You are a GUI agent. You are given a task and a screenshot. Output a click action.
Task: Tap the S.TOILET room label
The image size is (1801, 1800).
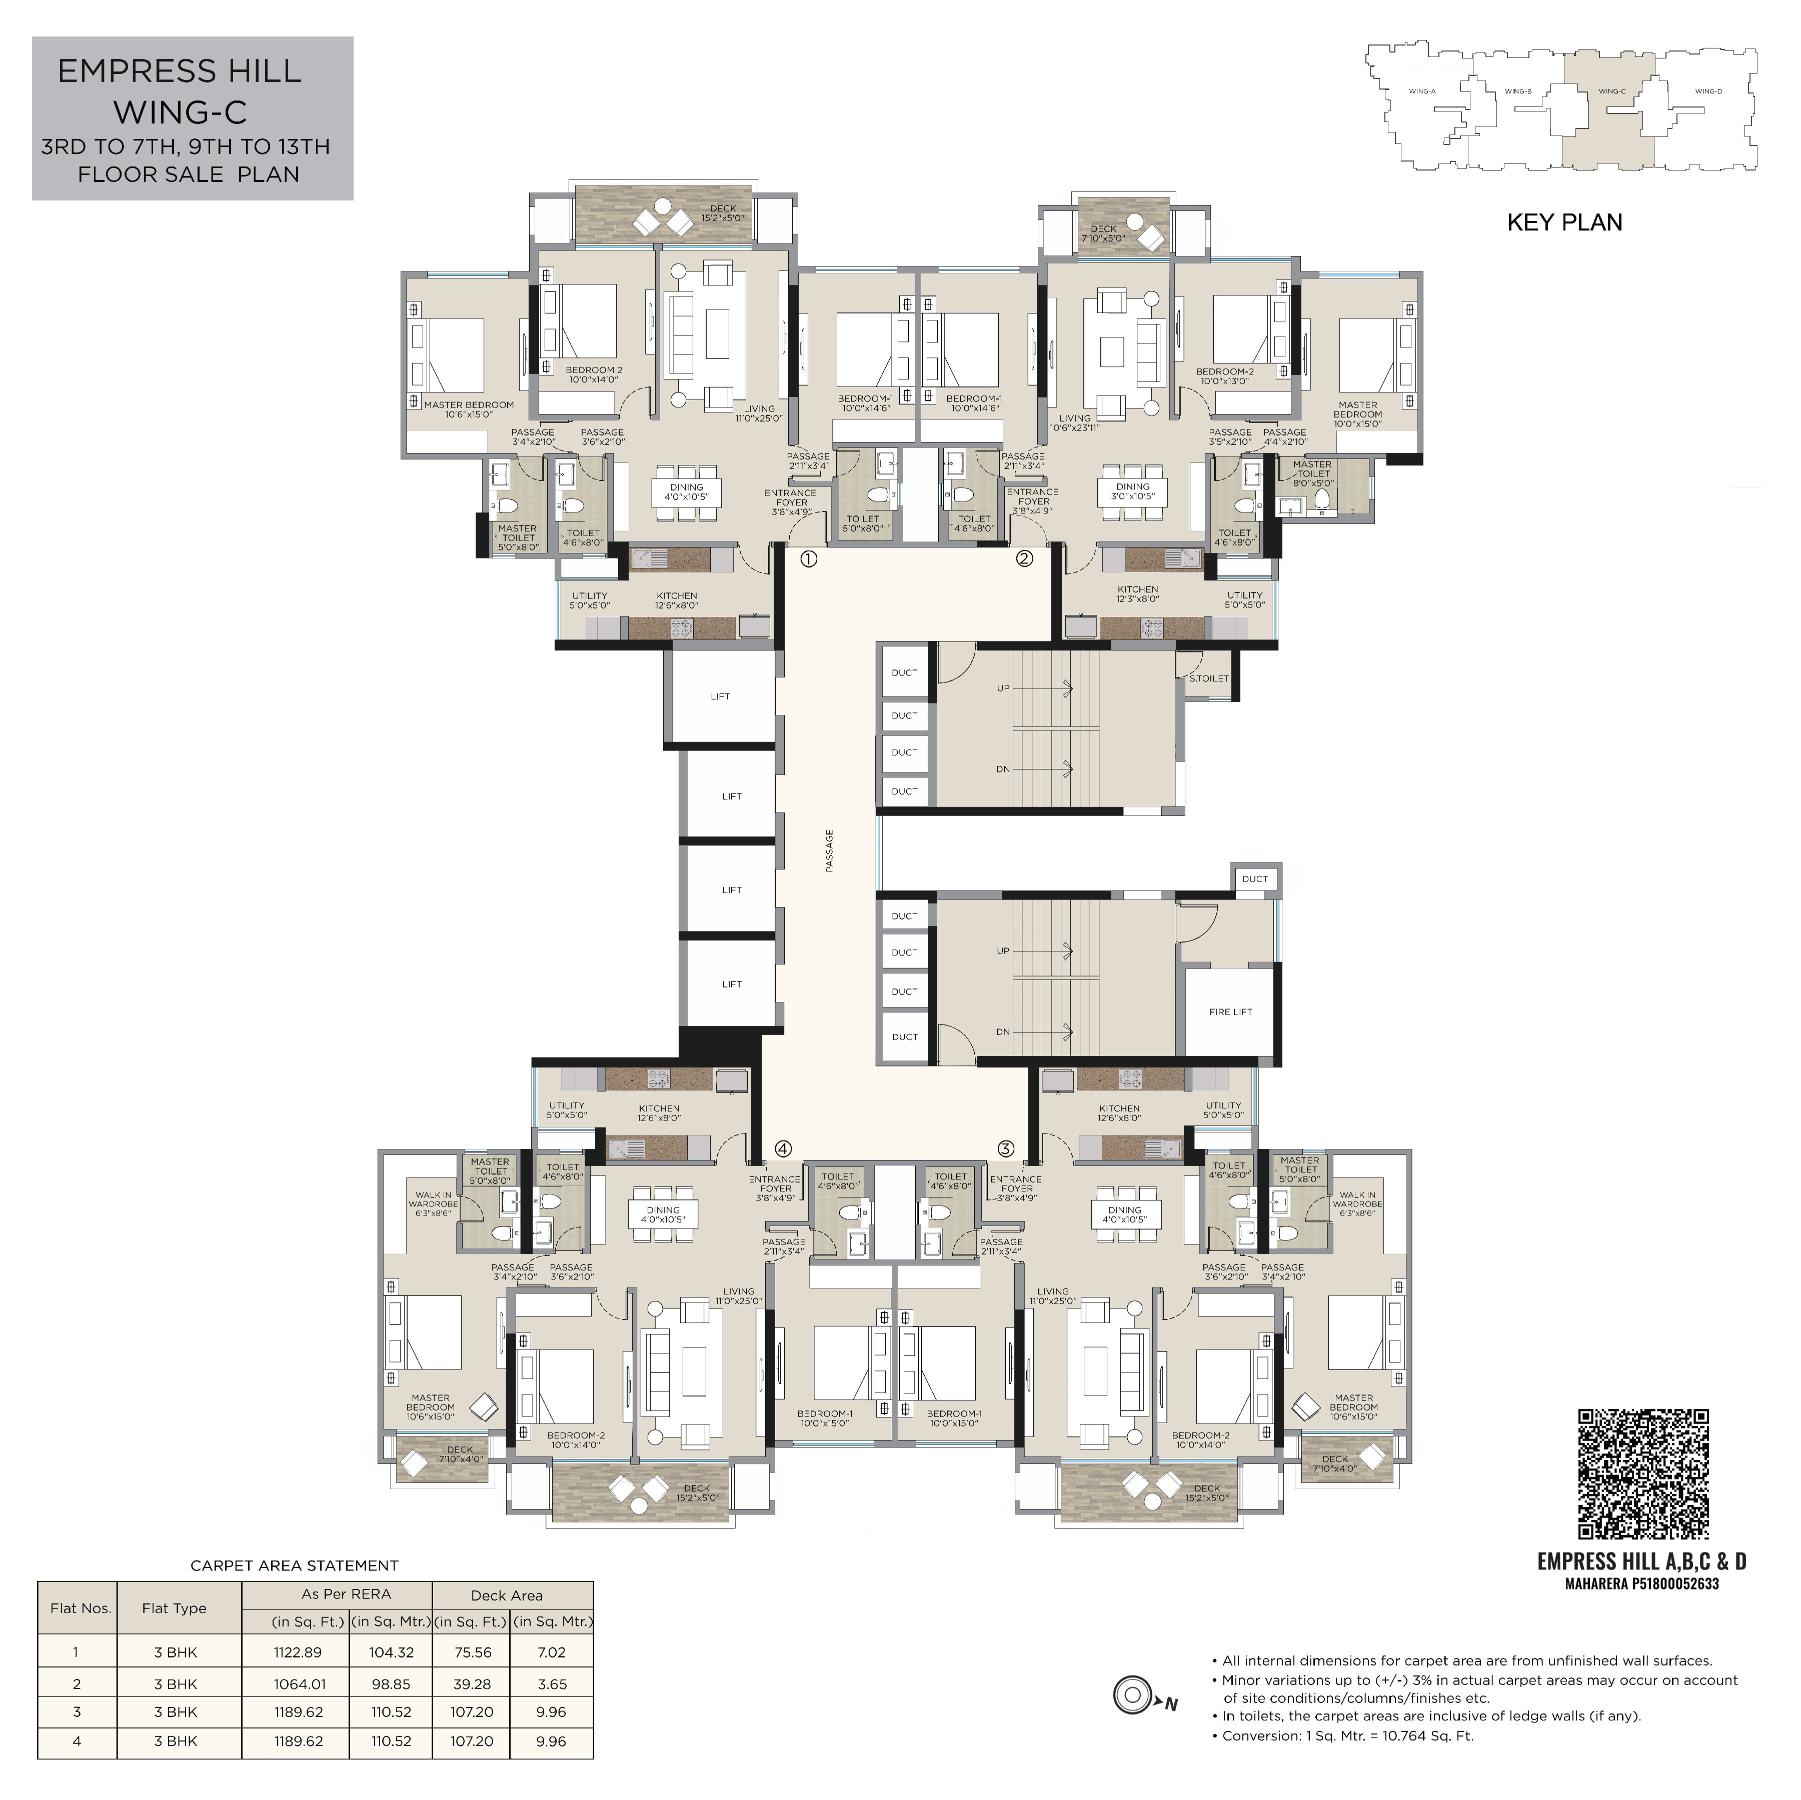(x=1209, y=678)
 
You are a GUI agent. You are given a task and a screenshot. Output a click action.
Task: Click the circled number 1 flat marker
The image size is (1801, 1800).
(x=808, y=559)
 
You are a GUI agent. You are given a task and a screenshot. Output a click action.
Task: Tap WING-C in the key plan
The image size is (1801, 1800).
(x=1612, y=91)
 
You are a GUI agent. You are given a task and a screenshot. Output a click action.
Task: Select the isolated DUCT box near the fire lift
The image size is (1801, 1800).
(x=1255, y=879)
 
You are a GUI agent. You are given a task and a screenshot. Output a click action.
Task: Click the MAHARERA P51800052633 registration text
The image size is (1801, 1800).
(x=1641, y=1583)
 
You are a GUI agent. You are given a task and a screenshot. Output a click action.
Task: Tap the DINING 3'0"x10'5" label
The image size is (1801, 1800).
(x=1133, y=491)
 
